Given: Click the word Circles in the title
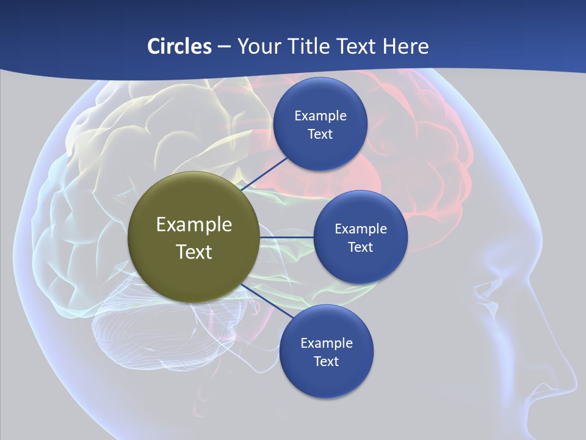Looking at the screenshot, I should (x=179, y=46).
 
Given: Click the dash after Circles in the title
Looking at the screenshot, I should (x=223, y=47).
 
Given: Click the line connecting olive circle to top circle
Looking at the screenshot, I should (x=265, y=173).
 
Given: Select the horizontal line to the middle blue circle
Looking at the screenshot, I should (x=286, y=237).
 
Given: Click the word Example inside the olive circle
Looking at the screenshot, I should (x=194, y=224).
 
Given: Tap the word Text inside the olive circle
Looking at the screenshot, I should (x=194, y=252).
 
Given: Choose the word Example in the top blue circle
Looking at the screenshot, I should (x=320, y=116).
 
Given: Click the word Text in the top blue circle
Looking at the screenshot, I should (x=320, y=134).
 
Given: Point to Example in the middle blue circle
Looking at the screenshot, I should (x=360, y=229).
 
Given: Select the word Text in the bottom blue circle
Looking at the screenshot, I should (x=326, y=362).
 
